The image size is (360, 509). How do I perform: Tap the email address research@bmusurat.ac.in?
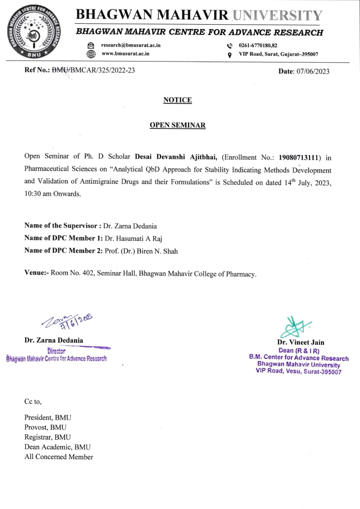click(x=131, y=45)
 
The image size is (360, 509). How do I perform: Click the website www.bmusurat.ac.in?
click(x=125, y=53)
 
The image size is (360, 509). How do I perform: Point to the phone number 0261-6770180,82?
click(x=258, y=45)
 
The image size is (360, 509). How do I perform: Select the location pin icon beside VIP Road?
click(x=229, y=55)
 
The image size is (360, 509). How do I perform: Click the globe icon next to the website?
click(x=91, y=54)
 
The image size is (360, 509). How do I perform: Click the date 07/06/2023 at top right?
click(x=313, y=71)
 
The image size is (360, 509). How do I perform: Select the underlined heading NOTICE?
click(x=177, y=100)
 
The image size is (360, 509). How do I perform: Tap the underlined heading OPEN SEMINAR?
click(x=177, y=125)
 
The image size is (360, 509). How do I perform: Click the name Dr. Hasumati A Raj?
click(x=133, y=238)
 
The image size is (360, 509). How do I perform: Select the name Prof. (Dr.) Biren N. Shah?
click(x=141, y=251)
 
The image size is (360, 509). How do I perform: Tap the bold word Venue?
click(x=35, y=273)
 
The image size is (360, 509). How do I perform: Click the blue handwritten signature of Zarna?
click(x=67, y=321)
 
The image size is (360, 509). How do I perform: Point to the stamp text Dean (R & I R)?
click(x=299, y=351)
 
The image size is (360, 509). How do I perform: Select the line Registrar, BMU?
click(x=47, y=437)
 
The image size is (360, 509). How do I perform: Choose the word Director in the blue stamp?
click(x=56, y=351)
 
